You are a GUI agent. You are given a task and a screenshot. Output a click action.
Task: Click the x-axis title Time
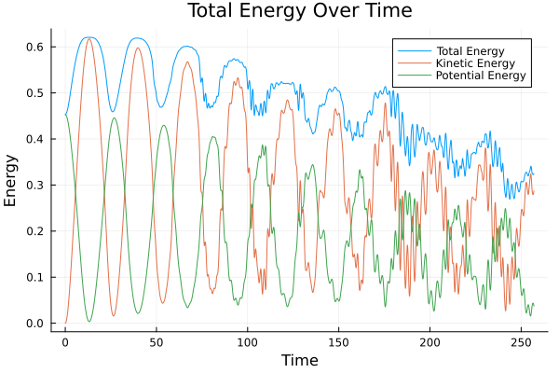pos(299,360)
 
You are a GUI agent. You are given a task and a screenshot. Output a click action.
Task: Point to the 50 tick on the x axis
pos(157,342)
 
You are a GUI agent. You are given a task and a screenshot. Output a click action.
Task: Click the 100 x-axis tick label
pos(247,342)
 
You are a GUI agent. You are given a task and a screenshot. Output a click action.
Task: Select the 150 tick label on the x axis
pos(338,342)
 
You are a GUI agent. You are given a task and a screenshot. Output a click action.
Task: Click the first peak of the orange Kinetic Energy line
pos(89,38)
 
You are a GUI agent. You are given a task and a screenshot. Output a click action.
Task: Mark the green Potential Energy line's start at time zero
pos(65,115)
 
